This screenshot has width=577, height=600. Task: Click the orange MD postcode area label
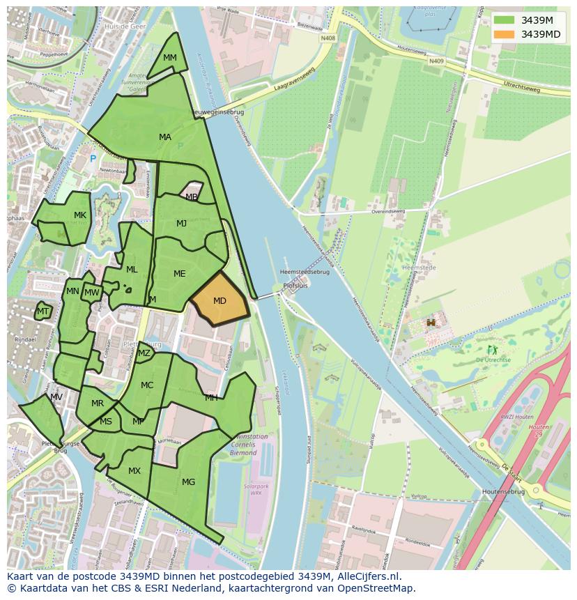click(220, 301)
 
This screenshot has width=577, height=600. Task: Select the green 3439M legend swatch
click(505, 20)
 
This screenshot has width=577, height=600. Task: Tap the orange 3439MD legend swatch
click(505, 34)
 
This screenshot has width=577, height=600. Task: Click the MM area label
click(170, 58)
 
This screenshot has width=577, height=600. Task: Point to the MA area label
click(165, 137)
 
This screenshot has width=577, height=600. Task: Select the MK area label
click(80, 215)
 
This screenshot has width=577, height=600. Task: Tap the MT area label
click(43, 311)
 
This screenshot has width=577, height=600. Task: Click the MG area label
click(188, 482)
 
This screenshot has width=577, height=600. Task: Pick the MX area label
click(134, 471)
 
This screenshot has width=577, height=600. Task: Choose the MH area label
click(211, 398)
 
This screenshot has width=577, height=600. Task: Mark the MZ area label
click(144, 353)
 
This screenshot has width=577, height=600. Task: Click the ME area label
click(180, 274)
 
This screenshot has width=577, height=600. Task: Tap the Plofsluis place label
click(295, 286)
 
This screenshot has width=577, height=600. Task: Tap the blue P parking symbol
click(93, 159)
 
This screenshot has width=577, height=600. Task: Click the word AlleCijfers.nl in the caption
click(376, 576)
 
